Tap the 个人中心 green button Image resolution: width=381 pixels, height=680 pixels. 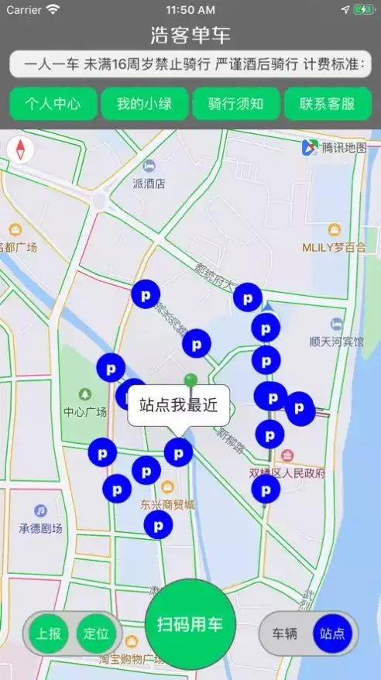pyautogui.click(x=54, y=104)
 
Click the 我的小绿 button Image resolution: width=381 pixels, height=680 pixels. pyautogui.click(x=144, y=104)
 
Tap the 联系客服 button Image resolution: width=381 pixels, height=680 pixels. pyautogui.click(x=327, y=104)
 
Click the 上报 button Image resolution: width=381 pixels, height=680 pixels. pyautogui.click(x=49, y=633)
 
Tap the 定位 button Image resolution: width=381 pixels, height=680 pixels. pyautogui.click(x=97, y=633)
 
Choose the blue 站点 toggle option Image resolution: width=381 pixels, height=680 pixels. pyautogui.click(x=332, y=633)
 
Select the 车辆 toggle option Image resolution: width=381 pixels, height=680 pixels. pyautogui.click(x=285, y=633)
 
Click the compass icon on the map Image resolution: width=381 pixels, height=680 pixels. pyautogui.click(x=20, y=149)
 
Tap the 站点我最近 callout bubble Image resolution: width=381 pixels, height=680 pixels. pyautogui.click(x=178, y=404)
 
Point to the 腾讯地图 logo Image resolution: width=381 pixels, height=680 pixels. pyautogui.click(x=334, y=147)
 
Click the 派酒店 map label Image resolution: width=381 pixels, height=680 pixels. pyautogui.click(x=149, y=184)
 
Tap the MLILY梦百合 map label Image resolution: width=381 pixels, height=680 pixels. pyautogui.click(x=334, y=247)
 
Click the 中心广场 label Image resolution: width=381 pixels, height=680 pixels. pyautogui.click(x=84, y=411)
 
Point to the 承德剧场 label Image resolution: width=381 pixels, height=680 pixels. pyautogui.click(x=40, y=527)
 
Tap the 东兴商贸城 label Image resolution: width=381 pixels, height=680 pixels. pyautogui.click(x=167, y=504)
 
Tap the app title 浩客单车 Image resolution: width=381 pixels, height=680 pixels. pyautogui.click(x=190, y=36)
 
